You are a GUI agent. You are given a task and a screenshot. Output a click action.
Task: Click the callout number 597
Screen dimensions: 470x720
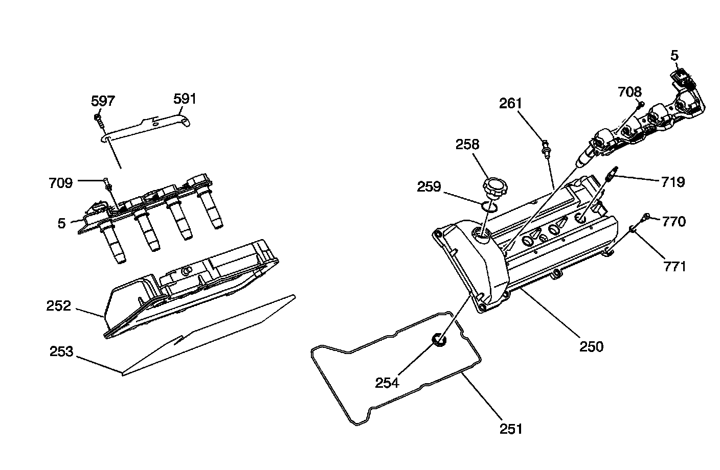click(x=103, y=101)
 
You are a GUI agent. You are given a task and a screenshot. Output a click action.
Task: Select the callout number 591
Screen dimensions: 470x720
click(x=185, y=98)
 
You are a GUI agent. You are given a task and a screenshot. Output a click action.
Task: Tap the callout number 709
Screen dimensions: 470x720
click(x=61, y=182)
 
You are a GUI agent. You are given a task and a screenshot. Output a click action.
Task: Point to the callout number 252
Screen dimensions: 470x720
click(x=58, y=306)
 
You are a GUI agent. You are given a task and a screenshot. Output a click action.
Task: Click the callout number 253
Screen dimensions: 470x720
click(x=61, y=351)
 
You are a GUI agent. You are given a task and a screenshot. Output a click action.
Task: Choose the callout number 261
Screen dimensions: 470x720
click(x=511, y=103)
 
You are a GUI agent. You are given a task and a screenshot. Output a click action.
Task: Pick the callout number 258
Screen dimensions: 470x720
click(x=467, y=144)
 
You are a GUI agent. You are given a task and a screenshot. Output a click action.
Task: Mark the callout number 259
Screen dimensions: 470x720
click(x=429, y=186)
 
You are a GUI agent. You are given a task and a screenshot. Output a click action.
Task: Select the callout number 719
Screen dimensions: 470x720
click(x=673, y=182)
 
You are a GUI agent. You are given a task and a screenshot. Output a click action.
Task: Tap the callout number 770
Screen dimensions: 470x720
click(x=674, y=221)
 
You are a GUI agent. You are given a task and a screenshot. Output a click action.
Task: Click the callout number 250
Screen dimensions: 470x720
click(x=591, y=346)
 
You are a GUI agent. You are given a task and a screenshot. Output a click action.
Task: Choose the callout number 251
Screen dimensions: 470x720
click(x=511, y=428)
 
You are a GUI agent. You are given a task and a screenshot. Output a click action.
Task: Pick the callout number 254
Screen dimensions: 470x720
click(x=387, y=382)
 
